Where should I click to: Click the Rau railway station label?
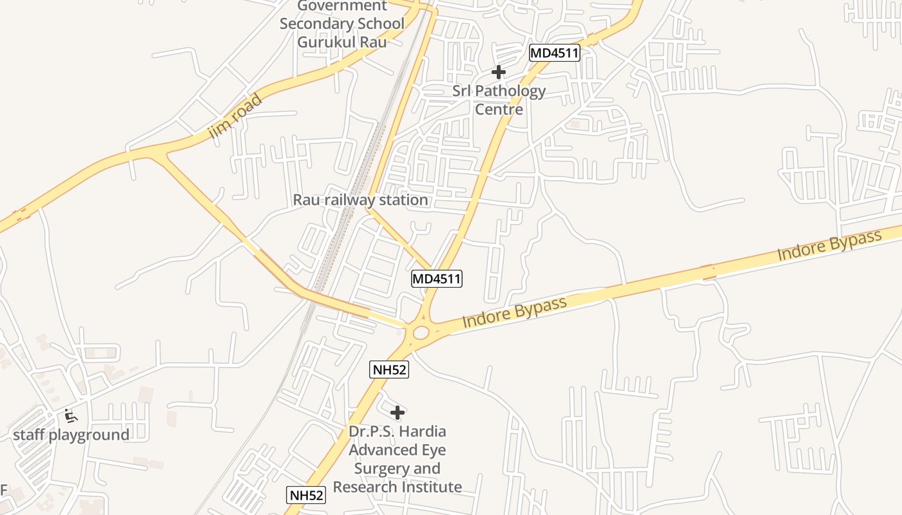tap(360, 200)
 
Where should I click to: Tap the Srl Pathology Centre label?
tap(499, 100)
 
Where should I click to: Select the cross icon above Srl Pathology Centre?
tap(498, 73)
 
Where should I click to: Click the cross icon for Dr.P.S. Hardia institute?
tap(398, 412)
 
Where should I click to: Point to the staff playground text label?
tap(71, 435)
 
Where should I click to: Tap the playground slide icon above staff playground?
tap(71, 416)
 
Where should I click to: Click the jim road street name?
tap(236, 117)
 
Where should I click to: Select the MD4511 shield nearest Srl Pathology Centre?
tap(554, 53)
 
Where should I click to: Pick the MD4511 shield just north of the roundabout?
tap(437, 279)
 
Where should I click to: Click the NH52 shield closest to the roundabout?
tap(389, 370)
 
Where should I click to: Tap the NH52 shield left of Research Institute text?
tap(305, 494)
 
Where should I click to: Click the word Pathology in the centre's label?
tap(508, 91)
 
